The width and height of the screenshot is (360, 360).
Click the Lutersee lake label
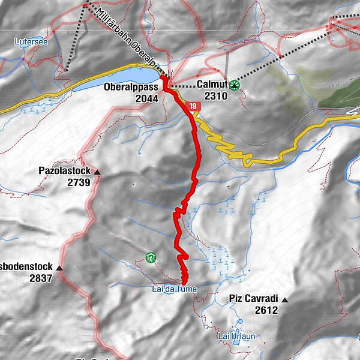click(x=29, y=43)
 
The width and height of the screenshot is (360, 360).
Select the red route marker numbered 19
click(x=193, y=107)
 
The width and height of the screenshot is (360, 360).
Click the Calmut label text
click(x=213, y=85)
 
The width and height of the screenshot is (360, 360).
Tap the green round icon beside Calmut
click(x=235, y=85)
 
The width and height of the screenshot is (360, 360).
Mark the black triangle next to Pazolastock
click(x=97, y=172)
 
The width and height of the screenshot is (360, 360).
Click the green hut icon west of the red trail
click(x=151, y=258)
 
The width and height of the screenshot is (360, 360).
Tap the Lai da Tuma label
click(x=174, y=289)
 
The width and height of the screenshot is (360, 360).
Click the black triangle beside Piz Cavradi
click(x=285, y=299)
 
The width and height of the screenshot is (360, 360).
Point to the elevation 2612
click(x=266, y=310)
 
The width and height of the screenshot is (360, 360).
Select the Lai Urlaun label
click(x=236, y=336)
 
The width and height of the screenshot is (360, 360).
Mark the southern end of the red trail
click(x=184, y=281)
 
